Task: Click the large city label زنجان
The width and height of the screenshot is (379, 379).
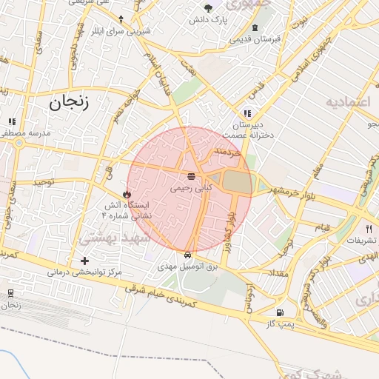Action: click(x=69, y=102)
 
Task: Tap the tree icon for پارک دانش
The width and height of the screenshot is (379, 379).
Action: click(x=210, y=9)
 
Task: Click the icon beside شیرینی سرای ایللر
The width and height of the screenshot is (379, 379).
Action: click(x=121, y=19)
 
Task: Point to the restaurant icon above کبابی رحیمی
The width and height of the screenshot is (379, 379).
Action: click(x=192, y=176)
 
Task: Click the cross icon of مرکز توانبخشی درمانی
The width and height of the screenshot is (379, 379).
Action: click(x=85, y=261)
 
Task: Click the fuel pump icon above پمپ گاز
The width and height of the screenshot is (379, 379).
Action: click(x=279, y=312)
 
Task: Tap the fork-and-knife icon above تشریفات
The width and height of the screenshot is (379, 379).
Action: click(x=369, y=229)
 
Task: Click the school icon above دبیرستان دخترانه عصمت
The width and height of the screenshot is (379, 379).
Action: click(x=247, y=115)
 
